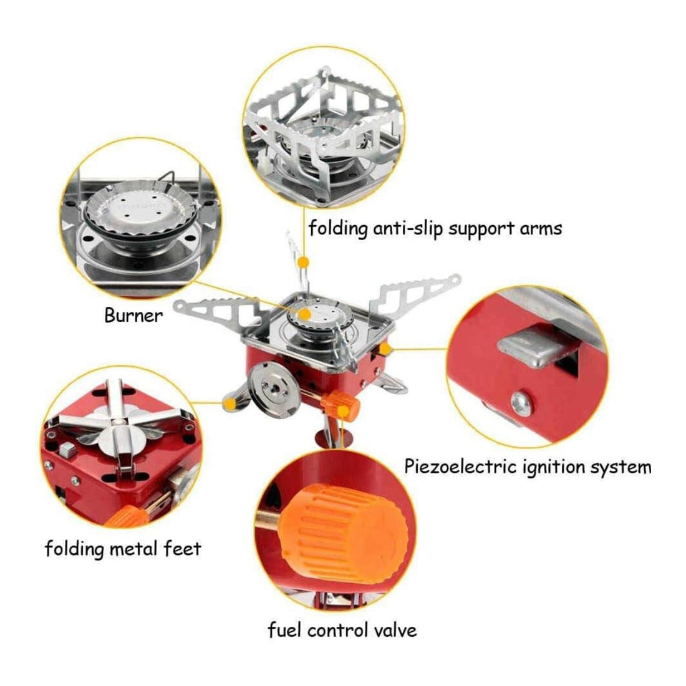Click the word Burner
(133, 315)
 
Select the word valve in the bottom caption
(392, 630)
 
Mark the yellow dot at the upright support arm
(304, 261)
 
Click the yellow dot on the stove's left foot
(231, 405)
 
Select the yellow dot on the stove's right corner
(386, 349)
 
